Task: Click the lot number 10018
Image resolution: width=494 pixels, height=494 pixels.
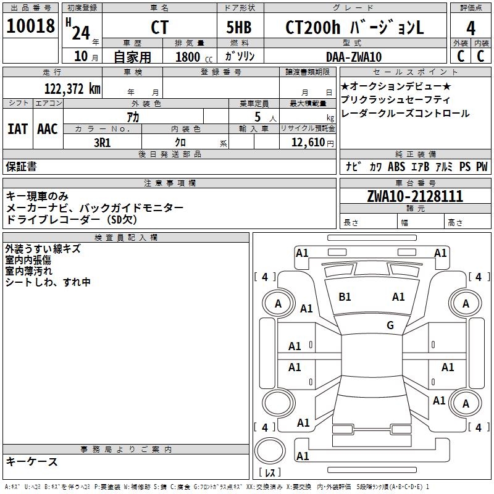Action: tap(30, 27)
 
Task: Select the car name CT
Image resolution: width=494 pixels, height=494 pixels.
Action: tap(159, 28)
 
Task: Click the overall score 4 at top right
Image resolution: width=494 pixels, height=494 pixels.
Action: tap(471, 28)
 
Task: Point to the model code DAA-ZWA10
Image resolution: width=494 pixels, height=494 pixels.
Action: tap(353, 57)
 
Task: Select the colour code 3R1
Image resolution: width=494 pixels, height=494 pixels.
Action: tap(102, 142)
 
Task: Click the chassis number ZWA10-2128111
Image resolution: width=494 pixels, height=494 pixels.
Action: tap(414, 196)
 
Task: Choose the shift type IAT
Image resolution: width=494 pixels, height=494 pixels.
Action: tap(17, 129)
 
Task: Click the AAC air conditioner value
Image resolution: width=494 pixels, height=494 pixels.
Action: tap(48, 129)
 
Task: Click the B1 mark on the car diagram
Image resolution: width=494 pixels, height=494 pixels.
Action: tap(345, 297)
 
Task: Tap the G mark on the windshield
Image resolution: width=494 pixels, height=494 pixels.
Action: tap(390, 325)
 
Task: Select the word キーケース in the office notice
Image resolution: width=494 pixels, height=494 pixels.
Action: tap(31, 462)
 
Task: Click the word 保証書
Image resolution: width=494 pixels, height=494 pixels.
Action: tap(21, 166)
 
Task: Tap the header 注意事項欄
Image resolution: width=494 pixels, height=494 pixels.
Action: tap(170, 183)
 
